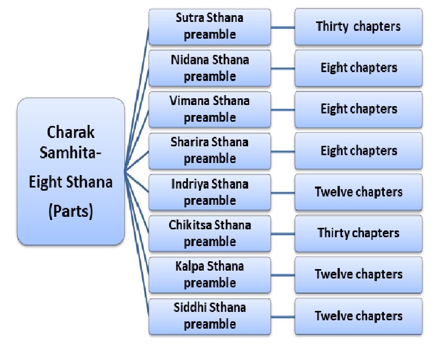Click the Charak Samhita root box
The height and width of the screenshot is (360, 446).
71,171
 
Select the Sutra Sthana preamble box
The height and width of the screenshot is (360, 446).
210,27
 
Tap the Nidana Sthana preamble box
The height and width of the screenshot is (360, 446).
210,68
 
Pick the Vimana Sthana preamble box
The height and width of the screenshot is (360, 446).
210,109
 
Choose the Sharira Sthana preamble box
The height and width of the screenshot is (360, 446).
210,150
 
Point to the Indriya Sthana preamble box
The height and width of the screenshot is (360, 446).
210,192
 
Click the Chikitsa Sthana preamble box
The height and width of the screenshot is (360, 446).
210,233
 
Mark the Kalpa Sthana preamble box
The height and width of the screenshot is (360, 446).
210,274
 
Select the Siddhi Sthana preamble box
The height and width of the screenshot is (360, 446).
210,316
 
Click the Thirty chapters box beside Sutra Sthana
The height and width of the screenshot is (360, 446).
358,27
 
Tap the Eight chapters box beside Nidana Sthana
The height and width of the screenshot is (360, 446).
358,68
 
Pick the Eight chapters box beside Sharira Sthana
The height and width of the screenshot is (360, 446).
358,150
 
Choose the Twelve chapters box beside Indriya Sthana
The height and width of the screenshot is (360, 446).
358,192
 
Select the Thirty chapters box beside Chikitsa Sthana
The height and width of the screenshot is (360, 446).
358,233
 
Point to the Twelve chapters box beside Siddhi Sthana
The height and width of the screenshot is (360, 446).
358,316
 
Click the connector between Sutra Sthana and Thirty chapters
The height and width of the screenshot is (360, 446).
283,27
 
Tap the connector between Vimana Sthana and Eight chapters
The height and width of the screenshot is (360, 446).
283,109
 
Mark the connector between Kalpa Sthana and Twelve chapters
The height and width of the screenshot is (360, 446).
283,274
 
